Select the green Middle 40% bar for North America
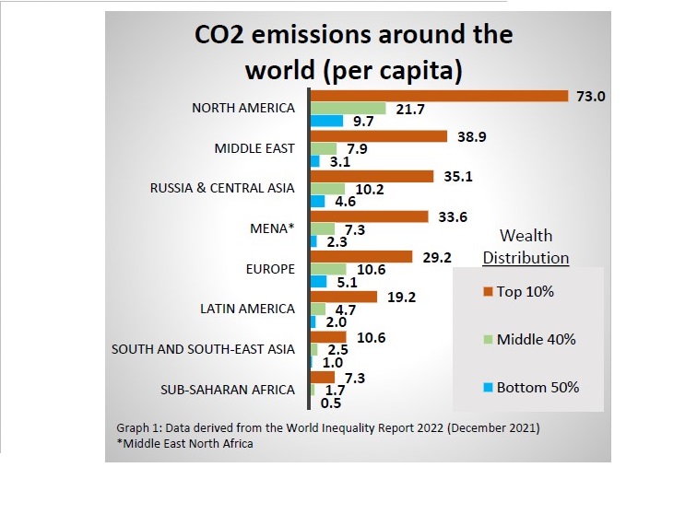coord(348,108)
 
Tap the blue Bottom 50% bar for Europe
coord(318,281)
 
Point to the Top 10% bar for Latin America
coord(344,297)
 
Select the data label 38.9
coord(471,134)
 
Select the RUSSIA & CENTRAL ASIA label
coord(222,188)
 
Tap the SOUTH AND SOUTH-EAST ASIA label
coord(203,348)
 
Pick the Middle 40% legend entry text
coord(536,340)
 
